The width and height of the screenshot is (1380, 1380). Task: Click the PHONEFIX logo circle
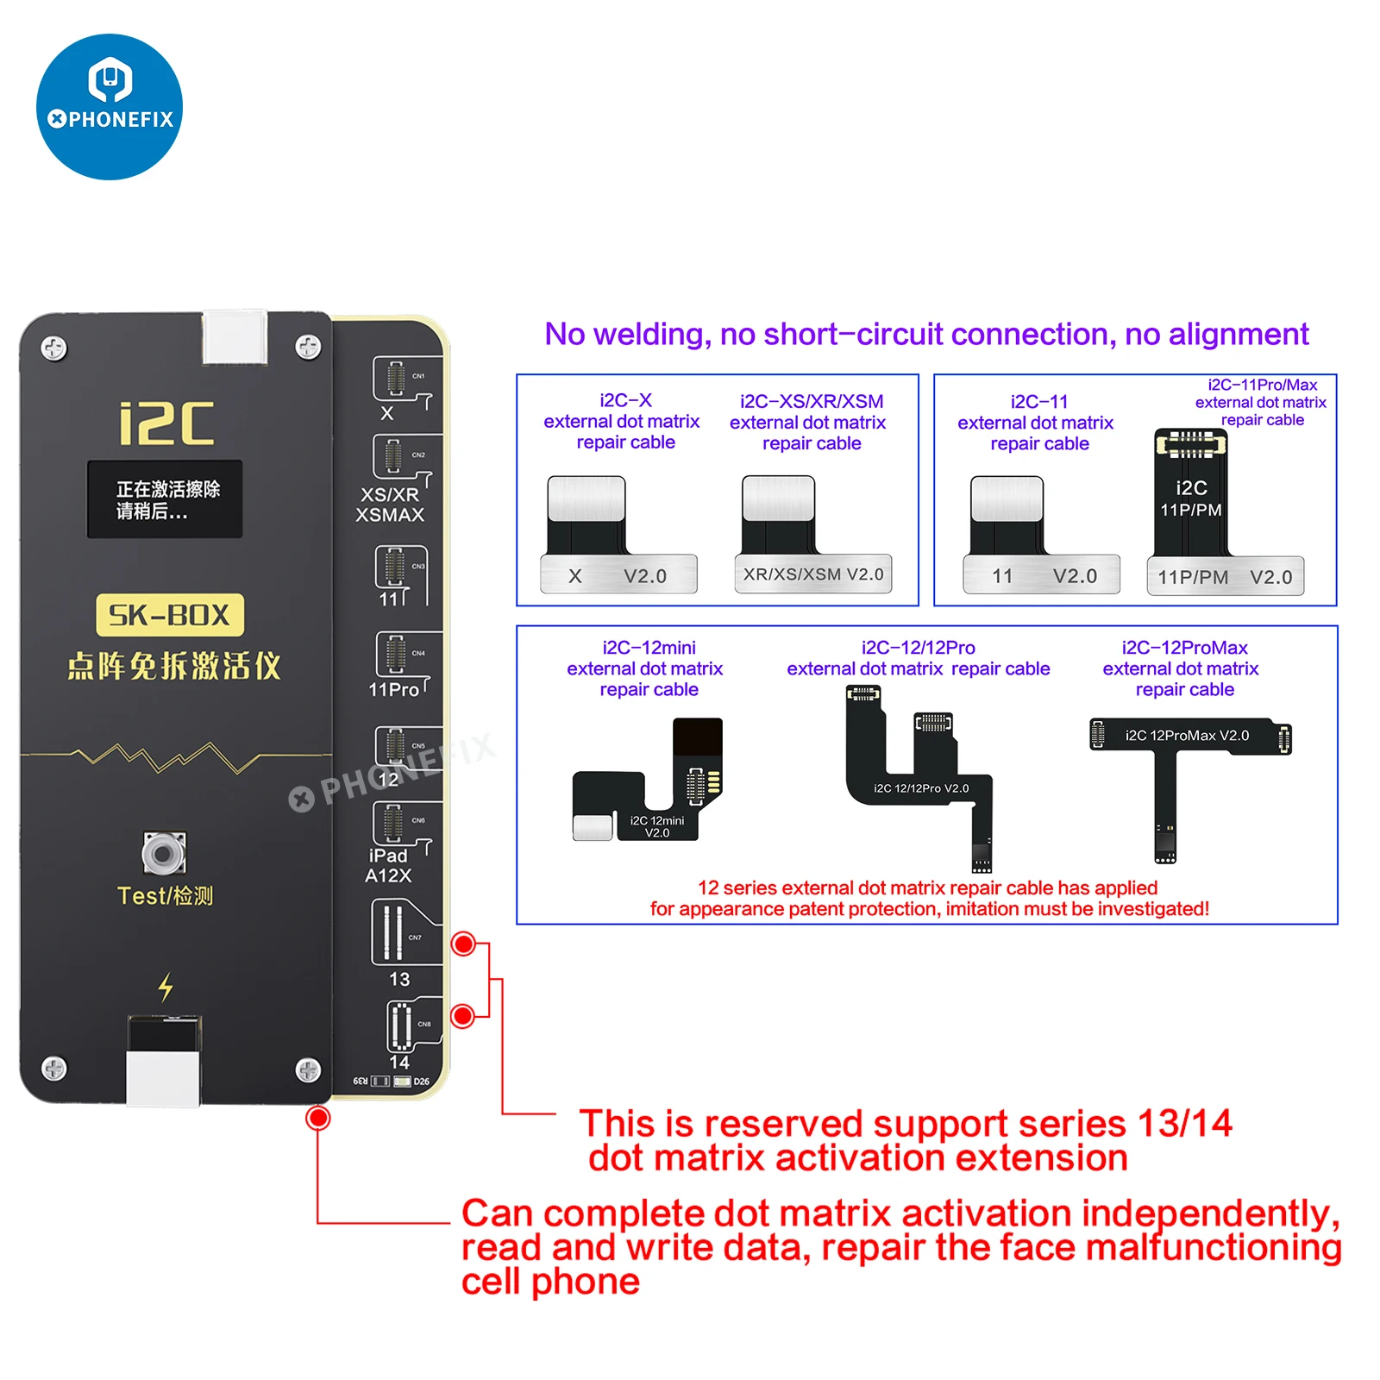[x=110, y=107]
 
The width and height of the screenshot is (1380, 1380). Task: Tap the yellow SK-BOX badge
[x=169, y=615]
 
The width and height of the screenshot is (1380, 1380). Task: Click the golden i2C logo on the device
[x=166, y=423]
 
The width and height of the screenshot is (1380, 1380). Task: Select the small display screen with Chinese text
[x=164, y=499]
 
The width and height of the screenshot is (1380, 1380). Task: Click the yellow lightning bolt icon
[x=166, y=987]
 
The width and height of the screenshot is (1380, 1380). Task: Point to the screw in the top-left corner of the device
[x=54, y=348]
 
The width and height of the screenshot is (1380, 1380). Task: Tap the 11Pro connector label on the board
[x=393, y=689]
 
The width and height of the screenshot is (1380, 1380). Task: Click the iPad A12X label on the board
[x=388, y=865]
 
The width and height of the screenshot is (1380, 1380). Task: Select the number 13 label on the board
[x=399, y=979]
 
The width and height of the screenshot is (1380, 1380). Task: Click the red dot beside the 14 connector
[x=463, y=1015]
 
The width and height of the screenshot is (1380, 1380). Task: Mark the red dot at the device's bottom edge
[x=318, y=1118]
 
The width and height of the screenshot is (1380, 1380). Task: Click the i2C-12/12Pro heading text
[x=918, y=648]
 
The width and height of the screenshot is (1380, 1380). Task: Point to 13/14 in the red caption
[x=1184, y=1123]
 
